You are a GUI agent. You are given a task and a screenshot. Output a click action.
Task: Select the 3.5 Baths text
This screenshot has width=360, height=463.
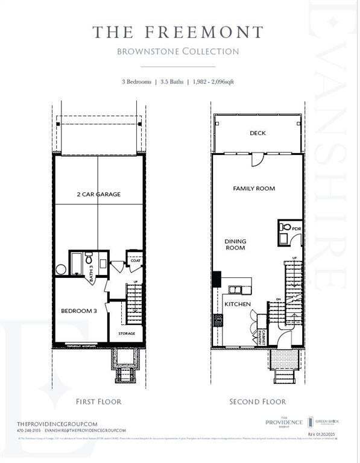tap(169, 81)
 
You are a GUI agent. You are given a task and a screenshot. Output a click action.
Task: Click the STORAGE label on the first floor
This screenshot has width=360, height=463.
tap(127, 333)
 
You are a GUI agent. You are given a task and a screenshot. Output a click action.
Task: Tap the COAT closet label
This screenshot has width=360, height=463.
tap(136, 260)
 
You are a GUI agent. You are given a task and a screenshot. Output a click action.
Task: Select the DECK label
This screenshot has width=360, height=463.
tap(257, 133)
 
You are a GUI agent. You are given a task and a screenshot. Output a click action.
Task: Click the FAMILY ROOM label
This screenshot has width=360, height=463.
tap(254, 189)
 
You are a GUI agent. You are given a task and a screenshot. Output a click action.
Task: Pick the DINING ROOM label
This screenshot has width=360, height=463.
tap(235, 244)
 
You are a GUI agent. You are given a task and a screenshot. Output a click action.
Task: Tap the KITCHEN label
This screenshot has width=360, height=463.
tap(238, 304)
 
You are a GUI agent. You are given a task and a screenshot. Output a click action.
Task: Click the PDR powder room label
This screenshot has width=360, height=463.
tap(296, 229)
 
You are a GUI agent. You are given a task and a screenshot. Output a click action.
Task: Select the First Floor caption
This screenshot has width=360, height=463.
tap(98, 401)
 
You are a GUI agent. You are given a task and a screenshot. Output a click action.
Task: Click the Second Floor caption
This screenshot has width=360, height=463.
tap(257, 401)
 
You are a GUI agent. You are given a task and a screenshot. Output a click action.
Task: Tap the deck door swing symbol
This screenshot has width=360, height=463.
tap(257, 160)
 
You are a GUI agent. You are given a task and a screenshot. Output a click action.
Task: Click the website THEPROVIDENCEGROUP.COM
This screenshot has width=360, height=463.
tap(57, 424)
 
